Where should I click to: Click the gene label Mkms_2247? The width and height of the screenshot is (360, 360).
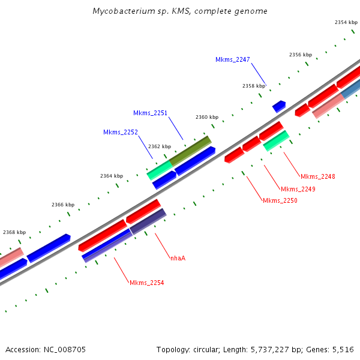click(x=232, y=59)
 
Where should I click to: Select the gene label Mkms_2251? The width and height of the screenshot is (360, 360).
click(x=150, y=113)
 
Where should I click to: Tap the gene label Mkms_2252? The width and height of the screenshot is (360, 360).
click(x=120, y=132)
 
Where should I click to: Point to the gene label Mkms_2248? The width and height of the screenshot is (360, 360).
click(x=317, y=176)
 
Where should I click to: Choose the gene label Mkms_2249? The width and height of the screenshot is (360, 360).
click(x=298, y=189)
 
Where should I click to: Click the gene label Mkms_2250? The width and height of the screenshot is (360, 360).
click(x=280, y=200)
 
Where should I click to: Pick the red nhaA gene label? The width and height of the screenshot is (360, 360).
click(x=178, y=258)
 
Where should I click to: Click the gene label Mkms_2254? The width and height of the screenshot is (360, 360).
click(x=146, y=283)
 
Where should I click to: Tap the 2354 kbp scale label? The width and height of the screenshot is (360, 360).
click(x=346, y=22)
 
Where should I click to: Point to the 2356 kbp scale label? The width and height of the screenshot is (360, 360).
click(x=300, y=55)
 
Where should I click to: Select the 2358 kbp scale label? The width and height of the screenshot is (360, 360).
click(x=253, y=86)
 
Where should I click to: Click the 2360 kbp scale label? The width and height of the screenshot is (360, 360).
click(x=206, y=117)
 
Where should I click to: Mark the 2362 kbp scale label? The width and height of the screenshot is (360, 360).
click(x=159, y=146)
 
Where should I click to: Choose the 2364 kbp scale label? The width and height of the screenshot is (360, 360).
click(x=111, y=176)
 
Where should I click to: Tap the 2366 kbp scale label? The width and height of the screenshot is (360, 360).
click(x=62, y=205)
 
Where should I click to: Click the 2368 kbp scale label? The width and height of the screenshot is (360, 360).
click(x=14, y=232)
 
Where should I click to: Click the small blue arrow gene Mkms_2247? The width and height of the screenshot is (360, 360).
click(x=278, y=106)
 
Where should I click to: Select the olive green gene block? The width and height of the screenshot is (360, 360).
click(x=190, y=150)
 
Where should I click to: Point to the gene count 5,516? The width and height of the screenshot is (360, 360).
click(x=343, y=349)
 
